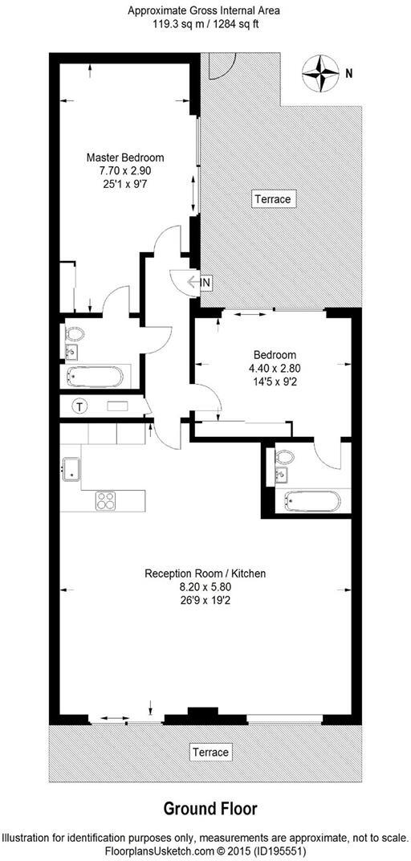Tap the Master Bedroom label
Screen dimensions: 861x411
[125, 157]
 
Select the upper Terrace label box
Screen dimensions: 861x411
[272, 198]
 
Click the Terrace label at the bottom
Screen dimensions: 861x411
[210, 753]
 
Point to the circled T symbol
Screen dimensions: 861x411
[80, 406]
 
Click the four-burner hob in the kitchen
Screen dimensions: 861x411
[107, 500]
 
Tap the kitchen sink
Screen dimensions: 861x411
[70, 470]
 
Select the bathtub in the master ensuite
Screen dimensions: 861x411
[95, 375]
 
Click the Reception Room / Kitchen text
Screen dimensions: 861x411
[205, 573]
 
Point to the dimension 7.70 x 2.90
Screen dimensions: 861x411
[125, 171]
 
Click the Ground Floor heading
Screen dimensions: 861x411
[210, 807]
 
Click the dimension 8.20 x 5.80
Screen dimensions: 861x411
[205, 587]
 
